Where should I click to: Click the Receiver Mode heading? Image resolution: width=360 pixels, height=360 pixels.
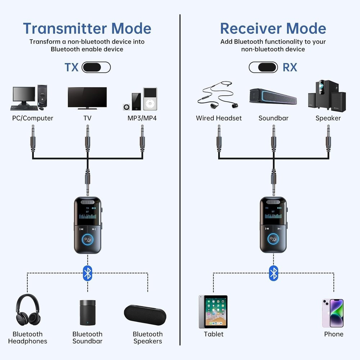(x=273, y=28)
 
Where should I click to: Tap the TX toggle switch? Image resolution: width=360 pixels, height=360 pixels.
(x=96, y=67)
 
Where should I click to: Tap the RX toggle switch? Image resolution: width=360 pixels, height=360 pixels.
(x=263, y=67)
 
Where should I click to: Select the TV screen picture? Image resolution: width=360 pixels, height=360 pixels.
(x=87, y=98)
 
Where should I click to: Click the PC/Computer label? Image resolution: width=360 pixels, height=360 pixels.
(x=33, y=118)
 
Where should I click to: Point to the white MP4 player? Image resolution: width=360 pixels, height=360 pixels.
(x=150, y=99)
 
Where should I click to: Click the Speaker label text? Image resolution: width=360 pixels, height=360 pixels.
(x=328, y=118)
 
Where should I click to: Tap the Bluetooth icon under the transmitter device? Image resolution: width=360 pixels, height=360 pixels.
(x=87, y=273)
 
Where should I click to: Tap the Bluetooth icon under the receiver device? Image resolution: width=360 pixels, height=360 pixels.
(x=274, y=273)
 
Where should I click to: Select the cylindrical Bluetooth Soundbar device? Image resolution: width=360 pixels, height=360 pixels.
(x=87, y=312)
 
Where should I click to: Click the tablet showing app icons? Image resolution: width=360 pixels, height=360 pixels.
(x=213, y=311)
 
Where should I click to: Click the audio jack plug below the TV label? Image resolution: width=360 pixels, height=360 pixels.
(x=87, y=138)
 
